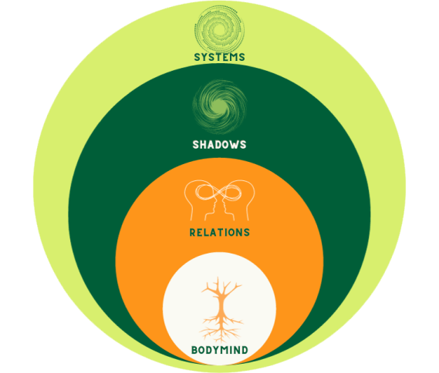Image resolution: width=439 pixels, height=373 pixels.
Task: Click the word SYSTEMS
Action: coord(219,57)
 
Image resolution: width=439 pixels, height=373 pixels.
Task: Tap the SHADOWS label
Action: coord(219,145)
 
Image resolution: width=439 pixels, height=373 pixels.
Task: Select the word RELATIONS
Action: coord(219,233)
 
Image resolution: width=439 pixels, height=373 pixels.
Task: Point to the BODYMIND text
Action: coord(219,350)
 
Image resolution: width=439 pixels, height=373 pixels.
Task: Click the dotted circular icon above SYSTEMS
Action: coord(220,29)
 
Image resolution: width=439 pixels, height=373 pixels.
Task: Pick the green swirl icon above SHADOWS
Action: coord(219,106)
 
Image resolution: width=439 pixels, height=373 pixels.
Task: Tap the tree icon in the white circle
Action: coord(221,310)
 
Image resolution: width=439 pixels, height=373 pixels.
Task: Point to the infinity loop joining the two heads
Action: coord(219,192)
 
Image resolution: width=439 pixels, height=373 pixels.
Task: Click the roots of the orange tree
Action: coord(221,328)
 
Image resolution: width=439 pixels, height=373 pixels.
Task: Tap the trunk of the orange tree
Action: coord(221,304)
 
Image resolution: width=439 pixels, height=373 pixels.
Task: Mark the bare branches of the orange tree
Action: coord(221,288)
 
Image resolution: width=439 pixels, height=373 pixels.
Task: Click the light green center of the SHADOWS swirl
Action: coord(219,106)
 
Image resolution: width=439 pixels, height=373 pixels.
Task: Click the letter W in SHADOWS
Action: coord(231,145)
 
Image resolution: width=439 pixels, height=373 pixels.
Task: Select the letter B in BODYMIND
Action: coord(194,350)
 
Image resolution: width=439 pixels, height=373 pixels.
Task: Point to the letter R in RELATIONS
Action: coord(193,233)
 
